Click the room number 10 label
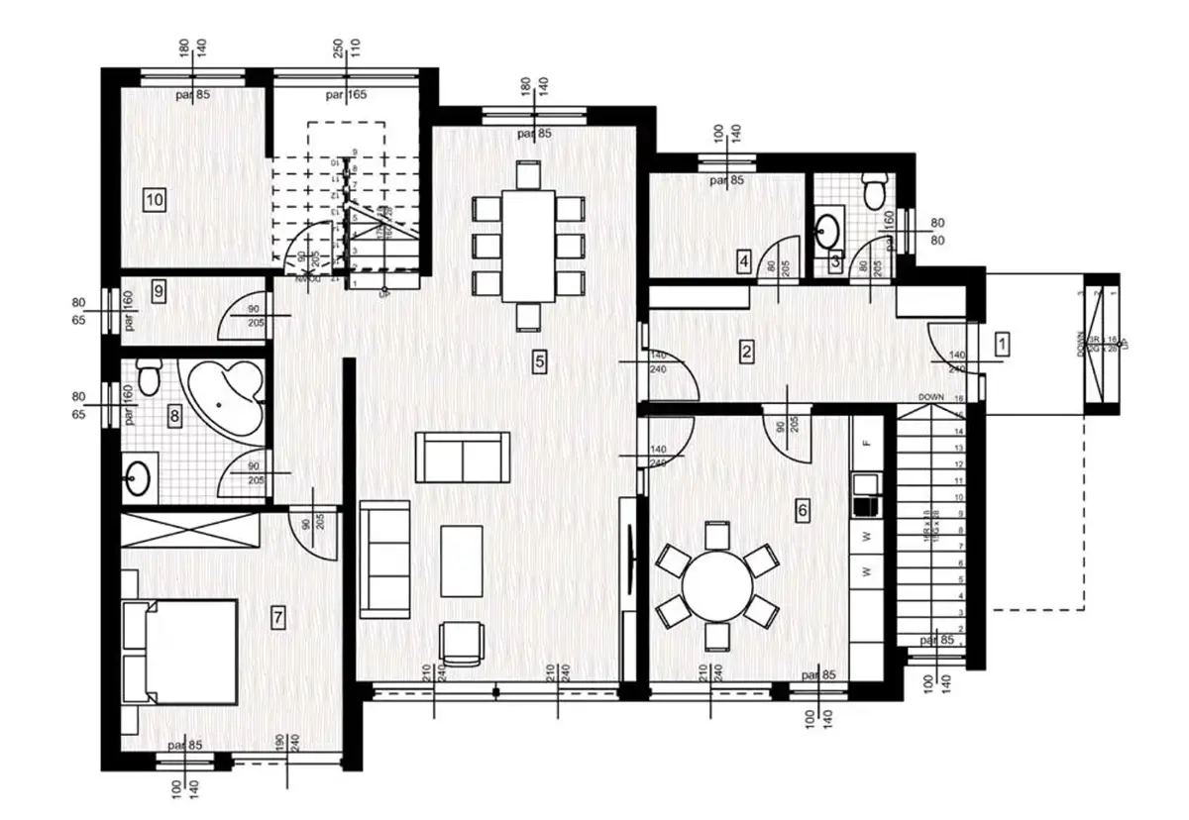pyautogui.click(x=154, y=199)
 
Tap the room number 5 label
pyautogui.click(x=539, y=361)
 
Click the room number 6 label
pyautogui.click(x=803, y=510)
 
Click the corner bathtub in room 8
pyautogui.click(x=227, y=396)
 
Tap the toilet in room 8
pyautogui.click(x=148, y=376)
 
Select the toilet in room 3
pyautogui.click(x=874, y=190)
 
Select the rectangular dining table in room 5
pyautogui.click(x=527, y=246)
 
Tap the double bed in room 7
pyautogui.click(x=179, y=651)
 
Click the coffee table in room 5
pyautogui.click(x=461, y=561)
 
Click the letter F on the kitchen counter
pyautogui.click(x=866, y=443)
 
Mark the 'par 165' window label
pyautogui.click(x=347, y=95)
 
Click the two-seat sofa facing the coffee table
pyautogui.click(x=463, y=458)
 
